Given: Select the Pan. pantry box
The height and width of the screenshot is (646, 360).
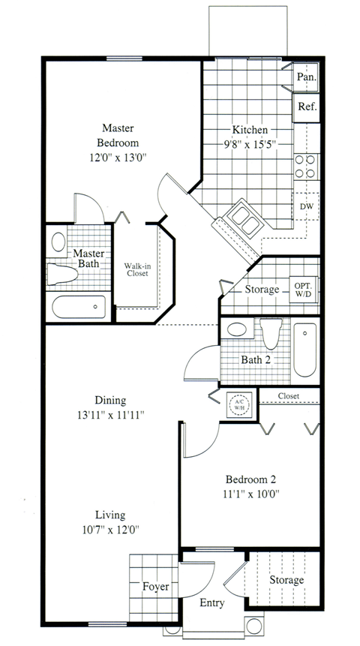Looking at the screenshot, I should [306, 77].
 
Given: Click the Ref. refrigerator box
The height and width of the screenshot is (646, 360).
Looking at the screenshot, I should [307, 107].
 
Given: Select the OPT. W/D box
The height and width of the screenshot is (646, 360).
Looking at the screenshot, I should [303, 288].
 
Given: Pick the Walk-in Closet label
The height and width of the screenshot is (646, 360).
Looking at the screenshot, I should [136, 269].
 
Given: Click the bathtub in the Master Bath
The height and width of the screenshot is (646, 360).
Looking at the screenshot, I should [79, 306].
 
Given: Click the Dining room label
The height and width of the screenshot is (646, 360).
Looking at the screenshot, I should [110, 400].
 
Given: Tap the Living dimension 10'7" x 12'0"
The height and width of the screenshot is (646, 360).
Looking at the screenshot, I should [110, 530].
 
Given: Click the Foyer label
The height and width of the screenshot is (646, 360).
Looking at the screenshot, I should [155, 587].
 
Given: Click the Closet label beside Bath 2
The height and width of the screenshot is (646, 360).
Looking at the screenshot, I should [289, 395].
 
